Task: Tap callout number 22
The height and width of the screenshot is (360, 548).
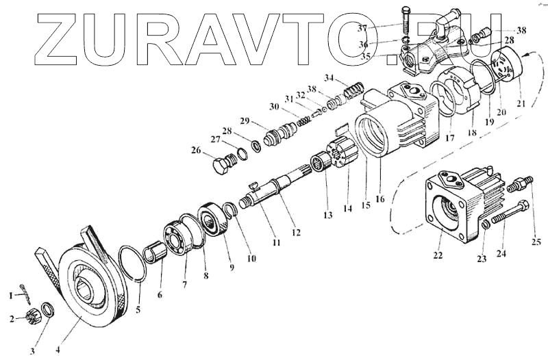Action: point(438,255)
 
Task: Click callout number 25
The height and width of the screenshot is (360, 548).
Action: point(536,241)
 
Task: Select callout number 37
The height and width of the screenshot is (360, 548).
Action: point(382,27)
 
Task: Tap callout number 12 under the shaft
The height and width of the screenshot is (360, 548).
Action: point(296,232)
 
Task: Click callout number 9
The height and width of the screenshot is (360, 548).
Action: point(232,267)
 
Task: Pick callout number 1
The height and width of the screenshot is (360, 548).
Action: point(10,296)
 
